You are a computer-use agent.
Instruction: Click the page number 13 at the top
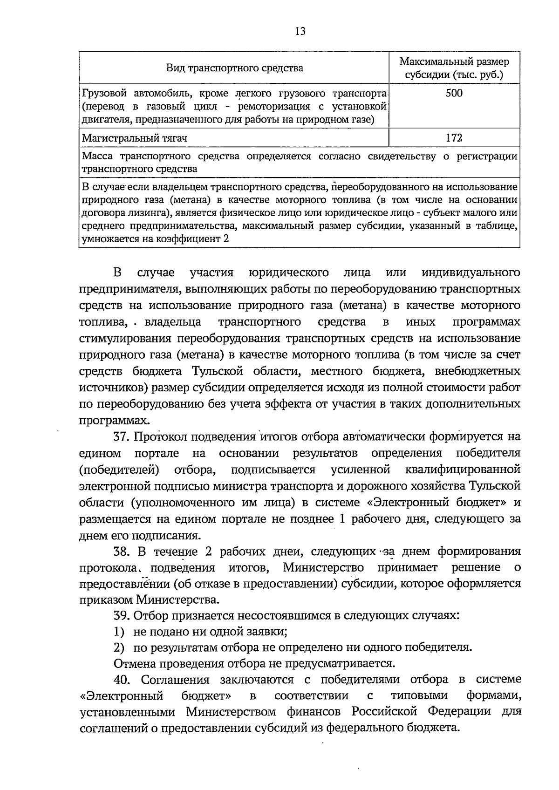(x=300, y=31)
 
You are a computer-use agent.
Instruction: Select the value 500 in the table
(x=454, y=93)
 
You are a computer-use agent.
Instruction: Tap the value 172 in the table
(x=454, y=138)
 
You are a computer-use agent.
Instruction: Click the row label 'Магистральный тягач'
(x=135, y=138)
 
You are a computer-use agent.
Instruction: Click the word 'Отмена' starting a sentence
(x=132, y=663)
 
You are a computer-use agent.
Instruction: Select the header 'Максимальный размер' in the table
(x=454, y=61)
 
